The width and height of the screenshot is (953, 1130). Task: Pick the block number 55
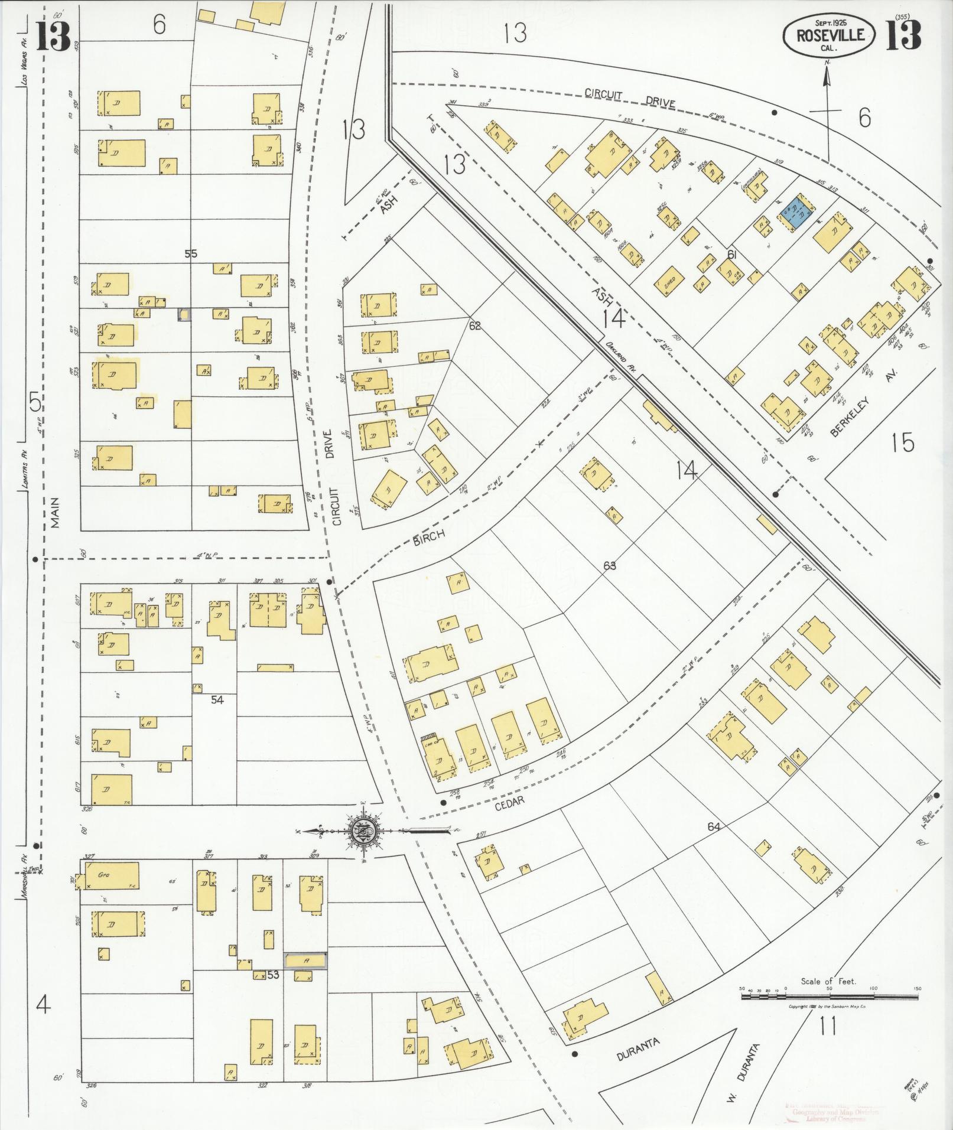click(191, 255)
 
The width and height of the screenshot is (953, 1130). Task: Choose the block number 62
click(475, 325)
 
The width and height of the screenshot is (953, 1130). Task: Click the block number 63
click(610, 565)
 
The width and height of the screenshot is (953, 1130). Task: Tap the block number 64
click(714, 827)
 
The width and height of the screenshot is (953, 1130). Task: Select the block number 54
click(217, 699)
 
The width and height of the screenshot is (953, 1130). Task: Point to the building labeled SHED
click(669, 283)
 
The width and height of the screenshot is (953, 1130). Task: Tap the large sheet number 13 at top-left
click(53, 37)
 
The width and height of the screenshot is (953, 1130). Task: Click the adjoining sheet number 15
click(903, 442)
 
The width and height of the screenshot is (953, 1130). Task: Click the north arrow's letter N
click(827, 62)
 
